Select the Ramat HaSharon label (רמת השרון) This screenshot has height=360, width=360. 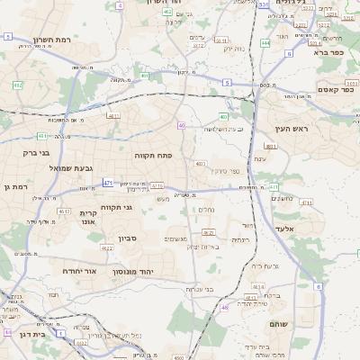(51, 40)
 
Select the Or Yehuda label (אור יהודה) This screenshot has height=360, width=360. (59, 270)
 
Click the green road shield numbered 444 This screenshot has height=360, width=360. (265, 42)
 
